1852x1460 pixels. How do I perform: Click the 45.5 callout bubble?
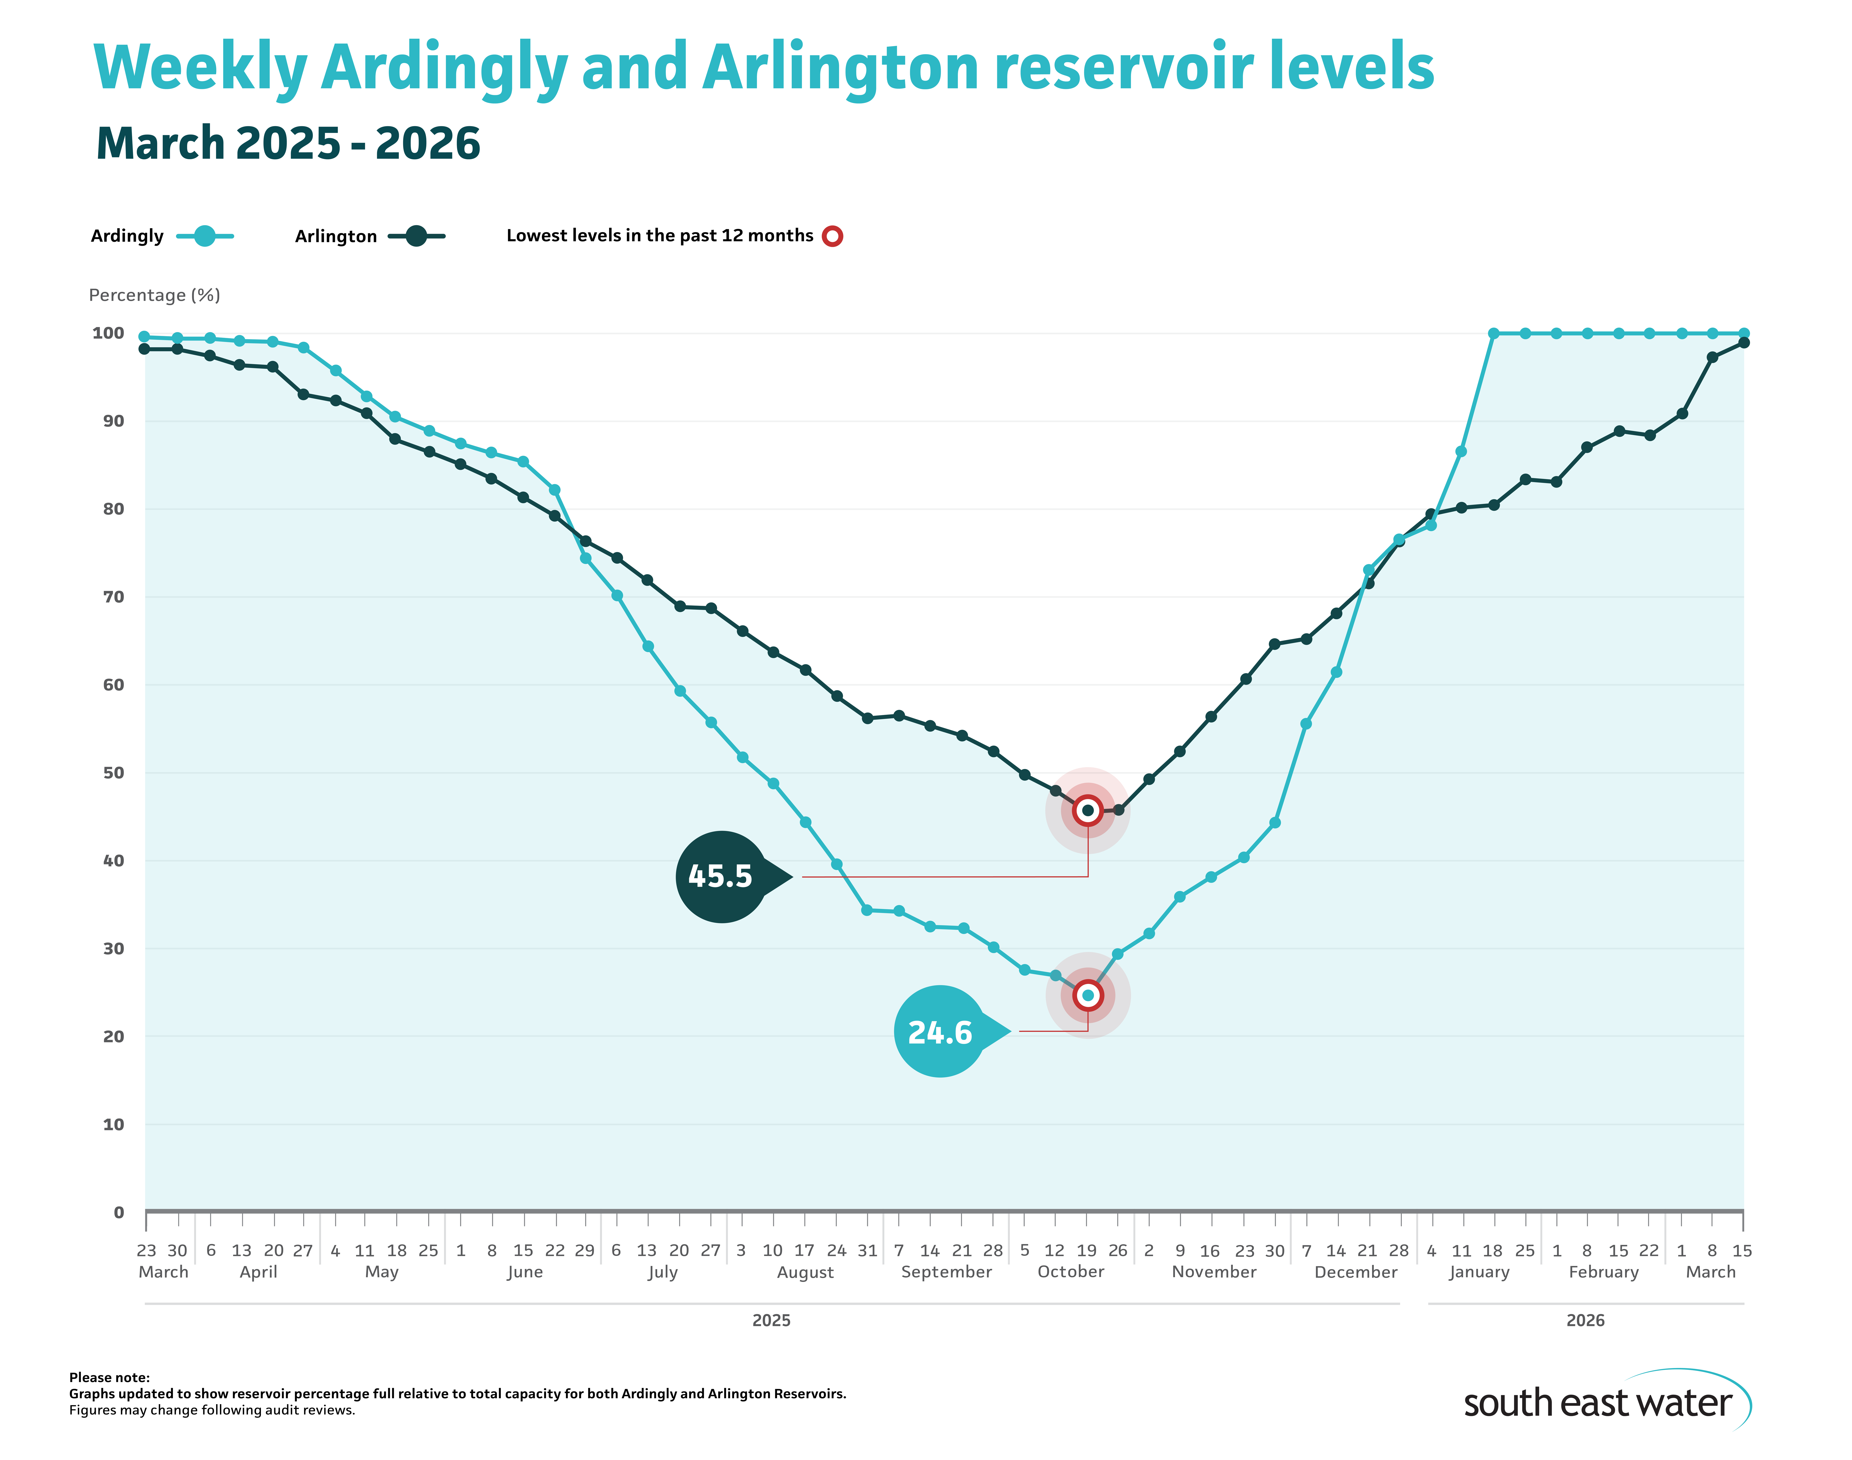[x=721, y=876]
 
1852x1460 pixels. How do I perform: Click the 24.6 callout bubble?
[x=940, y=1032]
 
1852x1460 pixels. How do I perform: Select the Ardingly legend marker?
[x=204, y=236]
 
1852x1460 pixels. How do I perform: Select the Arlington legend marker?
[x=416, y=236]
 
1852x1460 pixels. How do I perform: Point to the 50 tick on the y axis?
[x=114, y=773]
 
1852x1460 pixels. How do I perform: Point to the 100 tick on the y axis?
[x=109, y=333]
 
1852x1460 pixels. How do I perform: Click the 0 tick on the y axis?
[x=119, y=1212]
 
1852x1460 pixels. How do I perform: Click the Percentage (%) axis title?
[x=155, y=295]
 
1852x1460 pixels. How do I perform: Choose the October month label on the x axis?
[x=1070, y=1272]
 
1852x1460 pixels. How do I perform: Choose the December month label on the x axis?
[x=1355, y=1272]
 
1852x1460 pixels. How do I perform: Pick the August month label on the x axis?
[x=805, y=1272]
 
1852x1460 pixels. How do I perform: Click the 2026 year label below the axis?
[x=1584, y=1321]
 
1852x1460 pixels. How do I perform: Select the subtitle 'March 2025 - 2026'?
[x=288, y=144]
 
